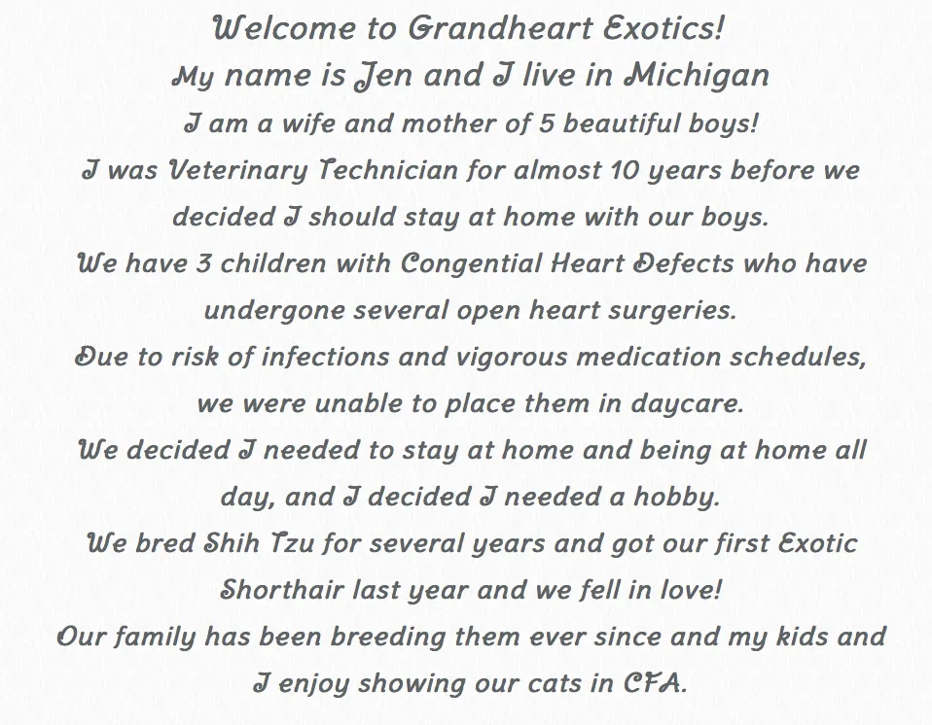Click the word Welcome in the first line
click(x=283, y=28)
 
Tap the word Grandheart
click(x=500, y=28)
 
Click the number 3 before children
click(x=204, y=263)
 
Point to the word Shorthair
click(x=282, y=590)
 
